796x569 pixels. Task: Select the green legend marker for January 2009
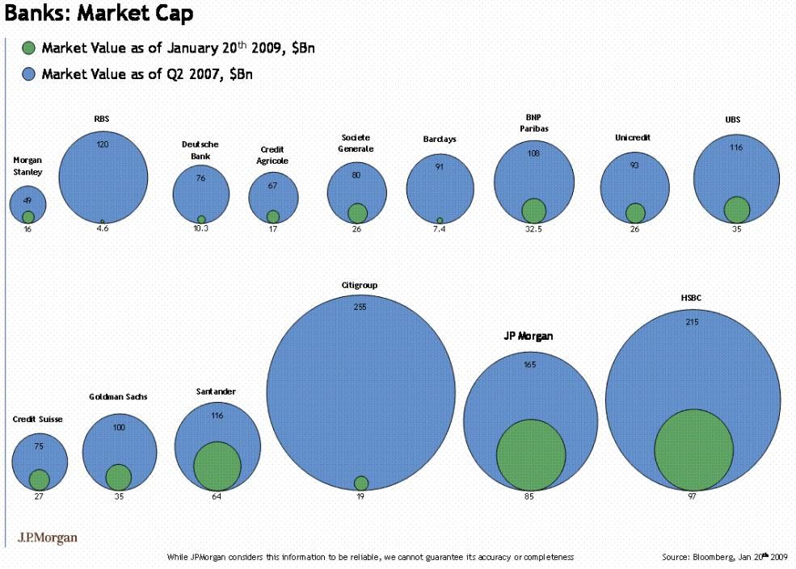(29, 48)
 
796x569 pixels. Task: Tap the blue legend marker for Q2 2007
(29, 74)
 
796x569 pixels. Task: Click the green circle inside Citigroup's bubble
(361, 483)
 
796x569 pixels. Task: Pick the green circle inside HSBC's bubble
(693, 450)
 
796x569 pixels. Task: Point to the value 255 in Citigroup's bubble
(360, 307)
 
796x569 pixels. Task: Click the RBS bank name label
(102, 119)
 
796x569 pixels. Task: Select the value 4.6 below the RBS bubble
(103, 229)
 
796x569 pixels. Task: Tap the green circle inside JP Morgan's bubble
(530, 455)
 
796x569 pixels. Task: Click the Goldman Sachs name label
(118, 397)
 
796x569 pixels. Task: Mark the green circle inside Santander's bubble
(217, 466)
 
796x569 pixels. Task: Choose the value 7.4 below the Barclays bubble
(440, 229)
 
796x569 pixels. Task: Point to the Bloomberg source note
(724, 557)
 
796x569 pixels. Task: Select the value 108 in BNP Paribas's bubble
(533, 153)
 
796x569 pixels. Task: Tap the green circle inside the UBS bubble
(736, 209)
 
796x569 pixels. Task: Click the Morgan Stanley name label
(27, 166)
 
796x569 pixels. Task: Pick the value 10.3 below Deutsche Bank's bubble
(200, 229)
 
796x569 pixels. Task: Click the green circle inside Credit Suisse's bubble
(39, 479)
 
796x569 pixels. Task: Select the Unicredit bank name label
(633, 137)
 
